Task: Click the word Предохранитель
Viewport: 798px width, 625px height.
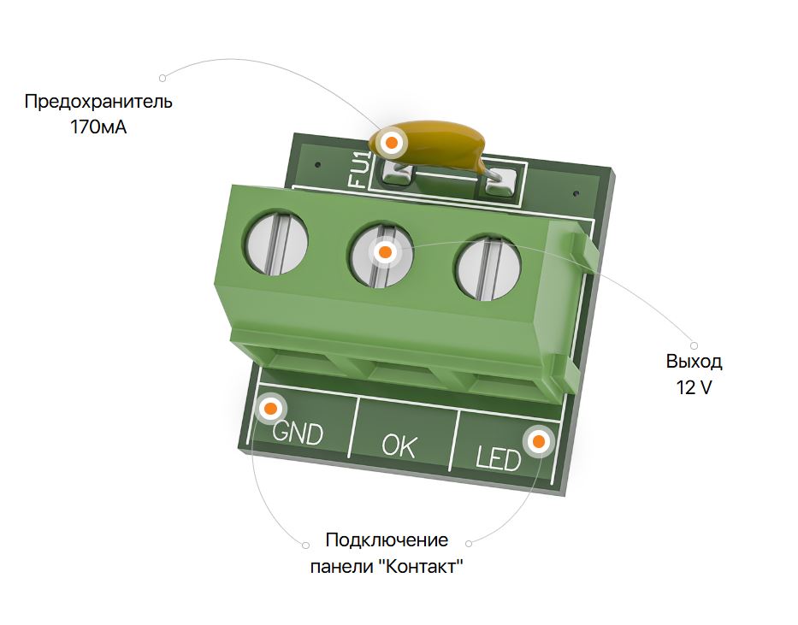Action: (98, 102)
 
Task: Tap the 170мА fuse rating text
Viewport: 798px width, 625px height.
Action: (98, 127)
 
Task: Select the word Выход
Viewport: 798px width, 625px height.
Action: (694, 362)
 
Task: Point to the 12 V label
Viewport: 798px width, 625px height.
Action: (694, 387)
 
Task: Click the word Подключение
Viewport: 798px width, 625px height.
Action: (387, 540)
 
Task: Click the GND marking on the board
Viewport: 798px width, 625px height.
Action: (298, 433)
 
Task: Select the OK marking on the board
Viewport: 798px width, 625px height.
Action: (399, 445)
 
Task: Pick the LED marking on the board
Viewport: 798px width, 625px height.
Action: (499, 458)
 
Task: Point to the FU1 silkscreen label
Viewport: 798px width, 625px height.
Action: (359, 168)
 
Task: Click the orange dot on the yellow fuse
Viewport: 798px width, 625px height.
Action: (392, 143)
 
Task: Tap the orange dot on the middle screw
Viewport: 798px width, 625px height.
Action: (385, 251)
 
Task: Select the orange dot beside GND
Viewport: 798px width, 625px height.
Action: (271, 409)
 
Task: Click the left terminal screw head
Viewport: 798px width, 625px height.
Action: (277, 243)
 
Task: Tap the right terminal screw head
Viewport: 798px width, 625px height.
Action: (488, 268)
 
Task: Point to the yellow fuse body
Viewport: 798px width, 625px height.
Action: (428, 143)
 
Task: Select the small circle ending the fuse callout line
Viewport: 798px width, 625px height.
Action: (163, 78)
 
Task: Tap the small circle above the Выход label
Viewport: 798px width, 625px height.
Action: (694, 345)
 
